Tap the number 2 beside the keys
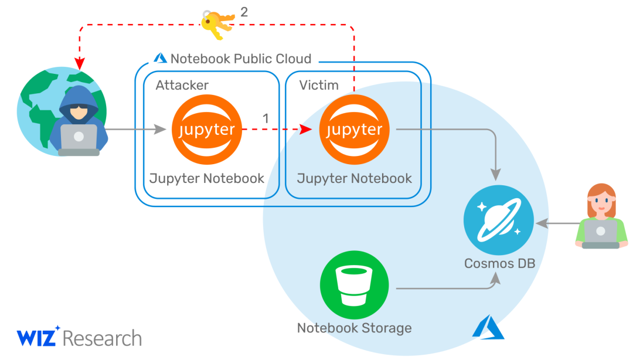pyautogui.click(x=244, y=12)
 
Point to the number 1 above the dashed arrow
pyautogui.click(x=266, y=118)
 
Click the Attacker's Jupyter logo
pyautogui.click(x=207, y=130)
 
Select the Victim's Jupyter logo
pyautogui.click(x=354, y=130)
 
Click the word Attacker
pyautogui.click(x=182, y=85)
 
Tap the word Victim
pyautogui.click(x=318, y=85)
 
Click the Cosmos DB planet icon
pyautogui.click(x=499, y=220)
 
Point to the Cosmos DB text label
pyautogui.click(x=500, y=263)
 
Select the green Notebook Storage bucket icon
pyautogui.click(x=355, y=285)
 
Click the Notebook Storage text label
pyautogui.click(x=355, y=328)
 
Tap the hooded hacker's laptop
pyautogui.click(x=79, y=140)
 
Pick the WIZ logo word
pyautogui.click(x=37, y=337)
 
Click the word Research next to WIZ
pyautogui.click(x=103, y=338)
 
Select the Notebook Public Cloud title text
pyautogui.click(x=241, y=59)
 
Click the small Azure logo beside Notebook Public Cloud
pyautogui.click(x=160, y=58)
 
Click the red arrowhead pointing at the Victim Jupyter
pyautogui.click(x=306, y=130)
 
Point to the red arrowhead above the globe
pyautogui.click(x=80, y=63)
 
